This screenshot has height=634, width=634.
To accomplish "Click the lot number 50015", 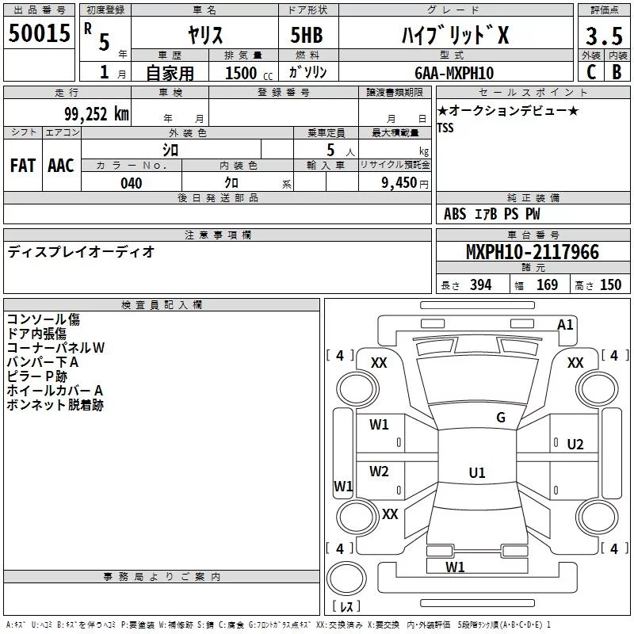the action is (x=39, y=34).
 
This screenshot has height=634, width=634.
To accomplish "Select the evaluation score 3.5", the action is (x=602, y=36).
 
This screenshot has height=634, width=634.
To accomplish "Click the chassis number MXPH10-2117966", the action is (x=533, y=253).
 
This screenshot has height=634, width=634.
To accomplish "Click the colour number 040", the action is (x=131, y=183).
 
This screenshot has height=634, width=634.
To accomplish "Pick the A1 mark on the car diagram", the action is (x=565, y=324).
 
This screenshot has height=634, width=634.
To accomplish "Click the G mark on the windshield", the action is (x=501, y=418).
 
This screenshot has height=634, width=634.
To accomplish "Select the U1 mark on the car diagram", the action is (x=476, y=473).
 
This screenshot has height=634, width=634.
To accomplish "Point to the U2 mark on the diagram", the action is (x=575, y=444).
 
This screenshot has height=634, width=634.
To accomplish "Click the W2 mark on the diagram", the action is (x=380, y=472).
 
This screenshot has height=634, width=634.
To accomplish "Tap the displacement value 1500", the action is (x=241, y=74).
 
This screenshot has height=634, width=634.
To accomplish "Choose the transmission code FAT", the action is (x=22, y=166).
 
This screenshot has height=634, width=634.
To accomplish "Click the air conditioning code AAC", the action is (x=60, y=166).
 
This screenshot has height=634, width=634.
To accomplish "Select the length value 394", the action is (x=480, y=285).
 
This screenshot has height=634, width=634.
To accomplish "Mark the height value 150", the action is (x=610, y=285).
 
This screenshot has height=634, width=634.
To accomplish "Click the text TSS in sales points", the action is (x=445, y=128).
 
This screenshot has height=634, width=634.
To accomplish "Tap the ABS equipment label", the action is (x=455, y=214).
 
